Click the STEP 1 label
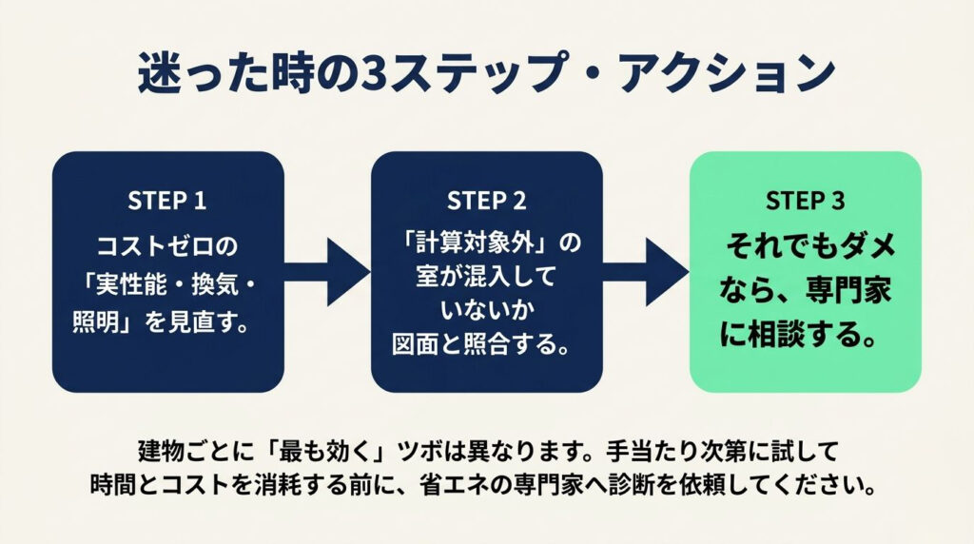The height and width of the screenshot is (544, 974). click(166, 201)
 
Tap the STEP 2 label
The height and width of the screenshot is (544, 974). click(486, 201)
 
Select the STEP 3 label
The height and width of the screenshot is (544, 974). click(805, 201)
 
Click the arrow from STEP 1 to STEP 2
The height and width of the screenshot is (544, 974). click(327, 272)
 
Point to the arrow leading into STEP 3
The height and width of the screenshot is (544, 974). click(646, 272)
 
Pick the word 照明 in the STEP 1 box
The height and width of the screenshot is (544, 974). click(96, 323)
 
